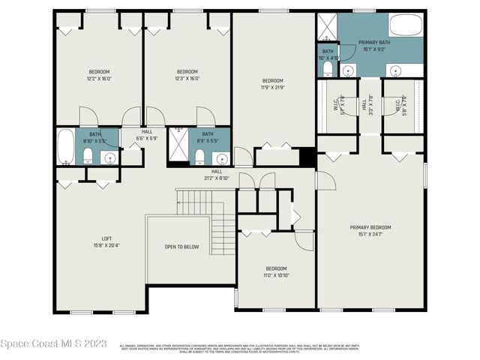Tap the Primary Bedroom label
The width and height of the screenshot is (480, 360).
370,231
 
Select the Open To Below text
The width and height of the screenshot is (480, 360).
182,247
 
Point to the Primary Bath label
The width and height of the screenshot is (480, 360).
373,46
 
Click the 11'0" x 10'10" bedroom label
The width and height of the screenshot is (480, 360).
276,271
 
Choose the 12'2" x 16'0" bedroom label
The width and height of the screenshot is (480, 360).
99,75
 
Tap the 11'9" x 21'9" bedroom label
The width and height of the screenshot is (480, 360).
272,84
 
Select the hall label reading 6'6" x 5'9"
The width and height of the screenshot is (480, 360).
145,134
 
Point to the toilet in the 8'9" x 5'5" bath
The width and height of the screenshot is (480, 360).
199,156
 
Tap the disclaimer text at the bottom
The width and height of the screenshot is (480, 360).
240,348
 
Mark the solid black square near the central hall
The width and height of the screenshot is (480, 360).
305,157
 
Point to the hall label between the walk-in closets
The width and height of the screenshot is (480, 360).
364,106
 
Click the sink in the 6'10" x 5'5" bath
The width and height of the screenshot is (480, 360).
110,157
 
